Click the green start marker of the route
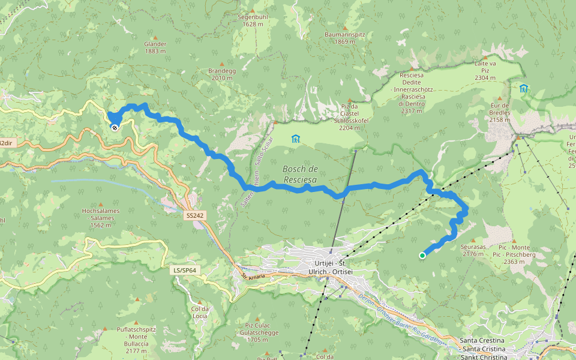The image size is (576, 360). click(422, 256)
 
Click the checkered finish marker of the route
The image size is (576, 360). click(114, 127)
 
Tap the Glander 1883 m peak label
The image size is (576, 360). click(155, 47)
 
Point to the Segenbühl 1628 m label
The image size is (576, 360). click(253, 20)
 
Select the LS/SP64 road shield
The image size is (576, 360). click(185, 271)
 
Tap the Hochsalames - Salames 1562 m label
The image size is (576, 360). click(101, 218)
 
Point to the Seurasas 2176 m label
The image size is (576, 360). click(473, 250)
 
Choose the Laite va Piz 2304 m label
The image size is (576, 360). click(485, 70)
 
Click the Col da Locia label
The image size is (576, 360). click(199, 312)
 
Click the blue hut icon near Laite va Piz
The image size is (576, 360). click(524, 88)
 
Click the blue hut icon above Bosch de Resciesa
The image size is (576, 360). click(295, 139)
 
